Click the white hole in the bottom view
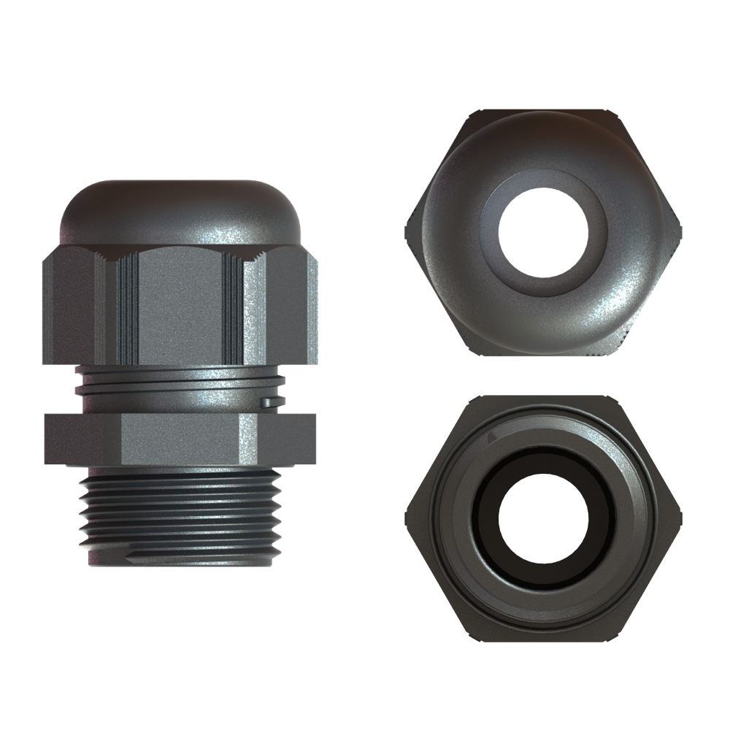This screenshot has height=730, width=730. (543, 520)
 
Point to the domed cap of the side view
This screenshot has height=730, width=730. (179, 208)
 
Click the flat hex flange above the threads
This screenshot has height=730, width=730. (179, 438)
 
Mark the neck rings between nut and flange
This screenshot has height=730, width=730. (179, 387)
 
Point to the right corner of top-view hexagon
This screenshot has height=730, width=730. (680, 231)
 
